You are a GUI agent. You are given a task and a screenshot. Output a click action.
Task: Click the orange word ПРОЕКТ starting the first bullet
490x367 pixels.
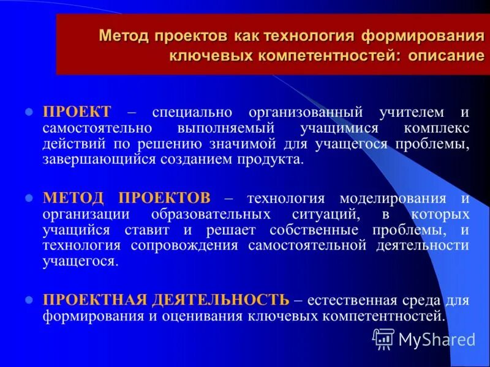(77, 113)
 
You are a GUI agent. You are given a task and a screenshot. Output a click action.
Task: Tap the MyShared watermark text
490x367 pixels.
(437, 339)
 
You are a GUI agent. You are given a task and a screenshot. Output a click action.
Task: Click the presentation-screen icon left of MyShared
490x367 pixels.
(383, 338)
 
